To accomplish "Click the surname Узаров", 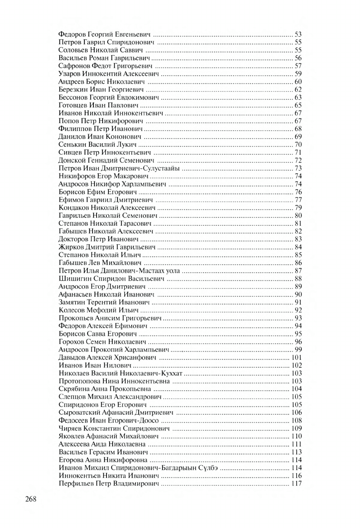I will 69,74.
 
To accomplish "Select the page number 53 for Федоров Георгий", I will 298,34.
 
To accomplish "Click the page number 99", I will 298,350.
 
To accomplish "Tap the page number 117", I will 297,484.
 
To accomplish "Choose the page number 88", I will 298,279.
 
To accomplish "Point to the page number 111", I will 297,445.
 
